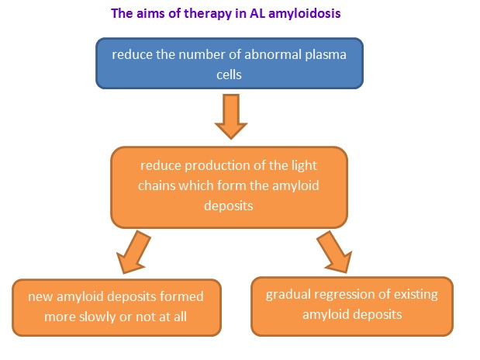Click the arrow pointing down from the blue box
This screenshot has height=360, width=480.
230,116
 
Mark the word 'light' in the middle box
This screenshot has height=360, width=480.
306,166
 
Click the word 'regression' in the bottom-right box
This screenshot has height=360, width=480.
349,295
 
